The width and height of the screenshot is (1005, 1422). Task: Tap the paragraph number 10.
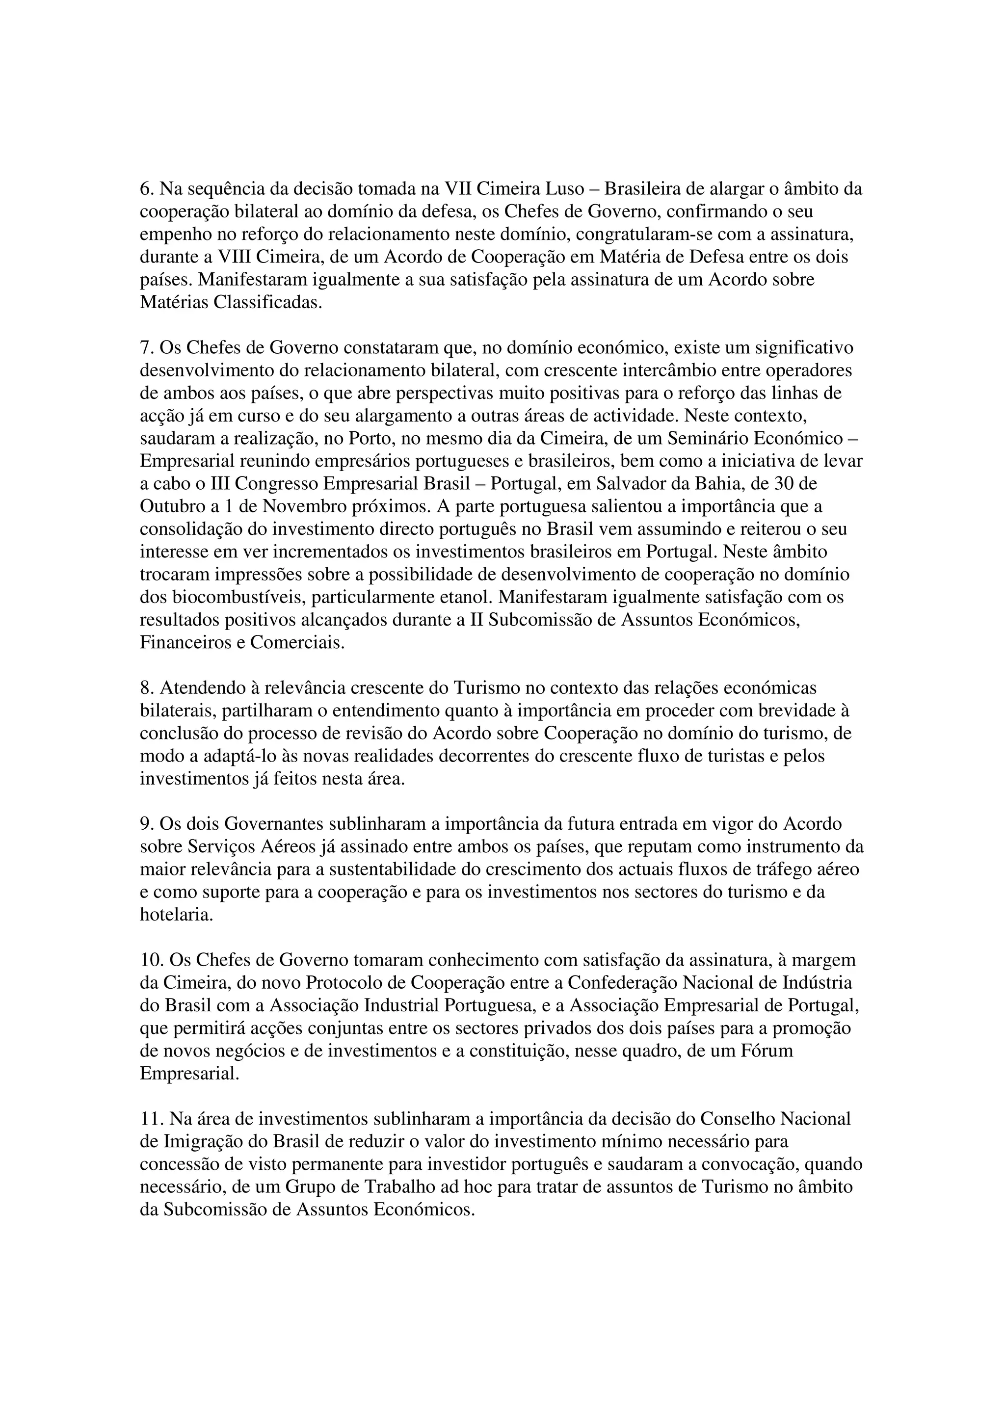coord(152,961)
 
